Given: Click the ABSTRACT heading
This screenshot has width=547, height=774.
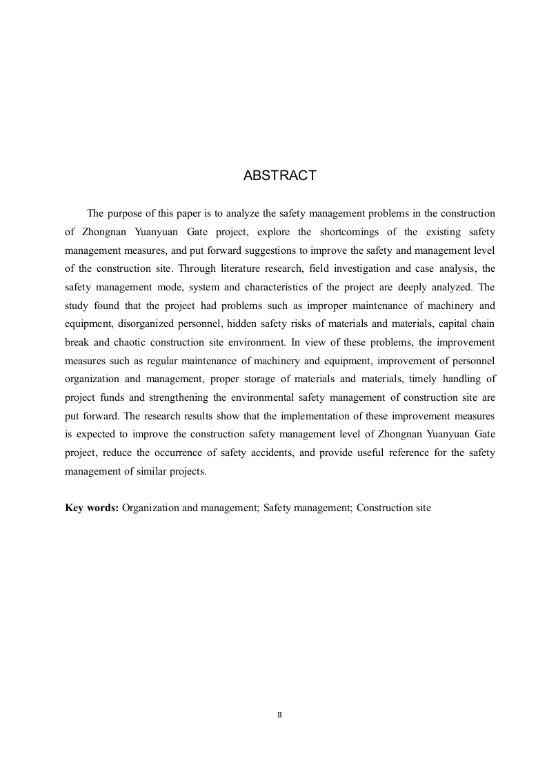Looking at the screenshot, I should (x=279, y=176).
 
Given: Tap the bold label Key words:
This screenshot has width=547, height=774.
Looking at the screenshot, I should (x=92, y=508).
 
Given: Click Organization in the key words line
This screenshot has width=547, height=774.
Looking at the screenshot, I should (x=150, y=508).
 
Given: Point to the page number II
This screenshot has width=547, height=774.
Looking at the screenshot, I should (x=279, y=715).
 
